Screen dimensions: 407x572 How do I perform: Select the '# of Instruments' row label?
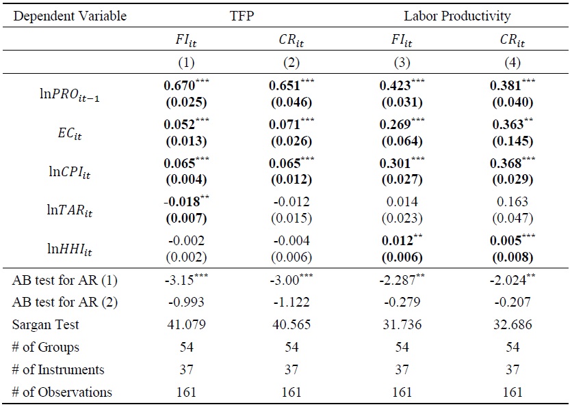[x=59, y=369]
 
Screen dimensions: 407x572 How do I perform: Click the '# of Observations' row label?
[x=62, y=392]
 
